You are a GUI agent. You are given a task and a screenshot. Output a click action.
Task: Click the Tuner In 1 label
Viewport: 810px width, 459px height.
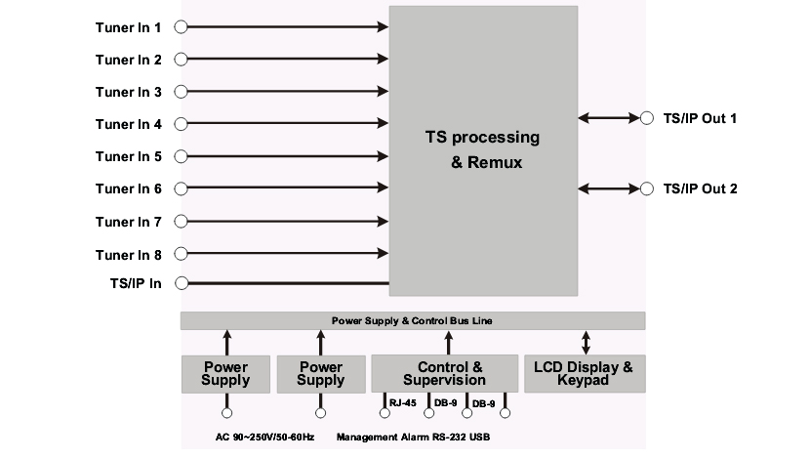point(128,27)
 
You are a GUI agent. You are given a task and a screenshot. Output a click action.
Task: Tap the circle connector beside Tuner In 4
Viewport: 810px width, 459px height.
point(181,124)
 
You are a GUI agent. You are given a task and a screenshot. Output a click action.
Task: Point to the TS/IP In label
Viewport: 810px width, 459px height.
point(136,284)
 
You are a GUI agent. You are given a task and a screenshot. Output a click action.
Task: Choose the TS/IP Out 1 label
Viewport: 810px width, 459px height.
point(700,118)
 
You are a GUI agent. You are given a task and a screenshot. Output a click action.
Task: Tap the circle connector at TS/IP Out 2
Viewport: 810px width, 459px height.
point(647,188)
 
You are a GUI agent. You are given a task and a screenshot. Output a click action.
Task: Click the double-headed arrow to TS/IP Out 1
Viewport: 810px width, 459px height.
point(608,118)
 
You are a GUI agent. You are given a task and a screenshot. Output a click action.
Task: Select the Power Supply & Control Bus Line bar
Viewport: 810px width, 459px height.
point(413,320)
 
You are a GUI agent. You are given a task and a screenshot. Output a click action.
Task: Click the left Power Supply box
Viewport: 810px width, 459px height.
point(226,374)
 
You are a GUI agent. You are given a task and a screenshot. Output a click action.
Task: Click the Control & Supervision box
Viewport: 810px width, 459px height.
point(444,374)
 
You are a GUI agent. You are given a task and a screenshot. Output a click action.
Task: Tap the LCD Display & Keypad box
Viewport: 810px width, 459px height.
point(585,374)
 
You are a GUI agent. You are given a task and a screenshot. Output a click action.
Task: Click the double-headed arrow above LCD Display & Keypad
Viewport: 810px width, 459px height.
point(585,342)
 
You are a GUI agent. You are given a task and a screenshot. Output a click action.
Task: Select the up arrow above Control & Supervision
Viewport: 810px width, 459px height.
point(448,342)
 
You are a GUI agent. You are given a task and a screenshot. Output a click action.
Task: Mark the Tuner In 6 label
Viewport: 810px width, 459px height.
point(128,188)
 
